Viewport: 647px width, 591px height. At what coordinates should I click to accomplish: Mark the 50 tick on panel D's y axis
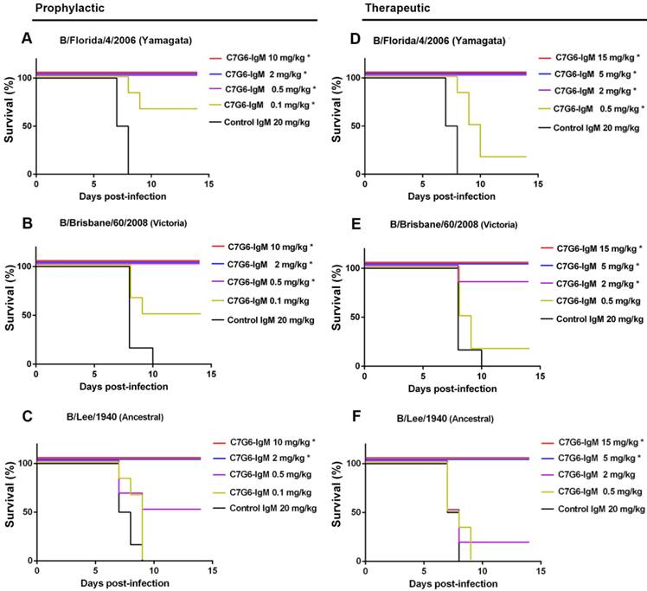click(353, 125)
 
